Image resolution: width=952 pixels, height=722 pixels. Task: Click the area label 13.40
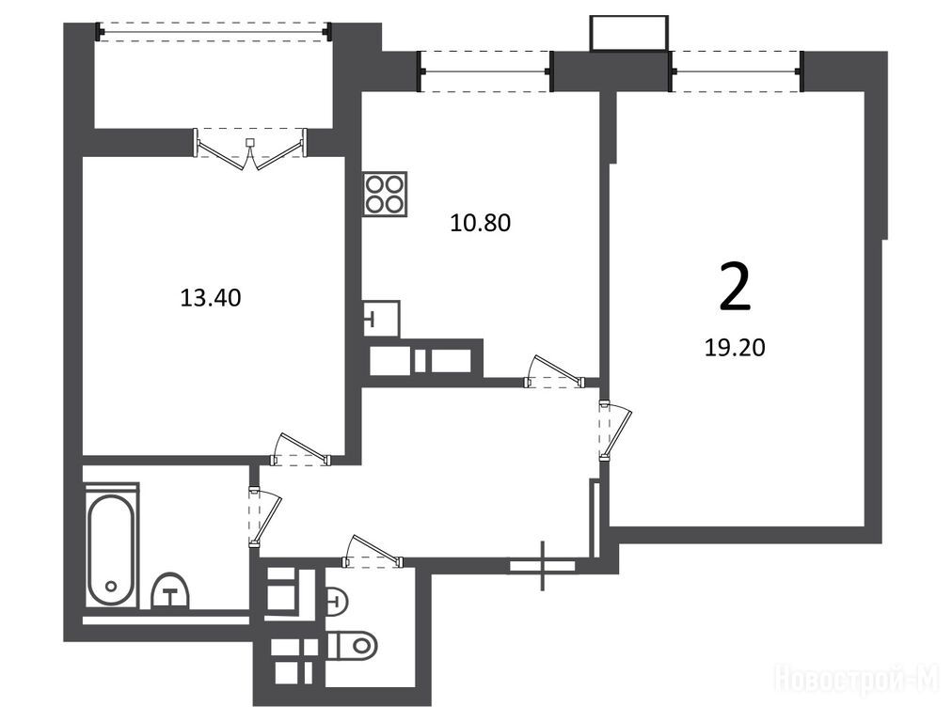[x=211, y=298]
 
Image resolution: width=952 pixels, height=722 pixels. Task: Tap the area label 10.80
[x=481, y=223]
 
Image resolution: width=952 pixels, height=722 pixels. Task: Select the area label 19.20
[x=735, y=348]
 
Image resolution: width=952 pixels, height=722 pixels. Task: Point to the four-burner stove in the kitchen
[x=386, y=195]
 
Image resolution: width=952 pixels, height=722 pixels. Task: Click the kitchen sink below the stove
[x=382, y=319]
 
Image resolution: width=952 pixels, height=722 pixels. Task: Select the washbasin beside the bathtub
[x=170, y=591]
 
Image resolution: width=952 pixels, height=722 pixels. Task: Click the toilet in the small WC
[x=352, y=644]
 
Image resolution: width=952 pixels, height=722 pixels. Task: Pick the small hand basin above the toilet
[x=337, y=602]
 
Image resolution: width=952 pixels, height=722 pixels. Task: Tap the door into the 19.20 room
[x=615, y=431]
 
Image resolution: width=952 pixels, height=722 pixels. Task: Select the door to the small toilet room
[x=373, y=552]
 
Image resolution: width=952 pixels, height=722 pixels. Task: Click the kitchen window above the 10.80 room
[x=485, y=71]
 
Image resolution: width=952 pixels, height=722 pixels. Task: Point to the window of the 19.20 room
[x=738, y=71]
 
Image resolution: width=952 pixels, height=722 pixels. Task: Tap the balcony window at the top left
[x=214, y=31]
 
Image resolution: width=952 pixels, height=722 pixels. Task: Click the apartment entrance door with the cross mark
[x=543, y=565]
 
